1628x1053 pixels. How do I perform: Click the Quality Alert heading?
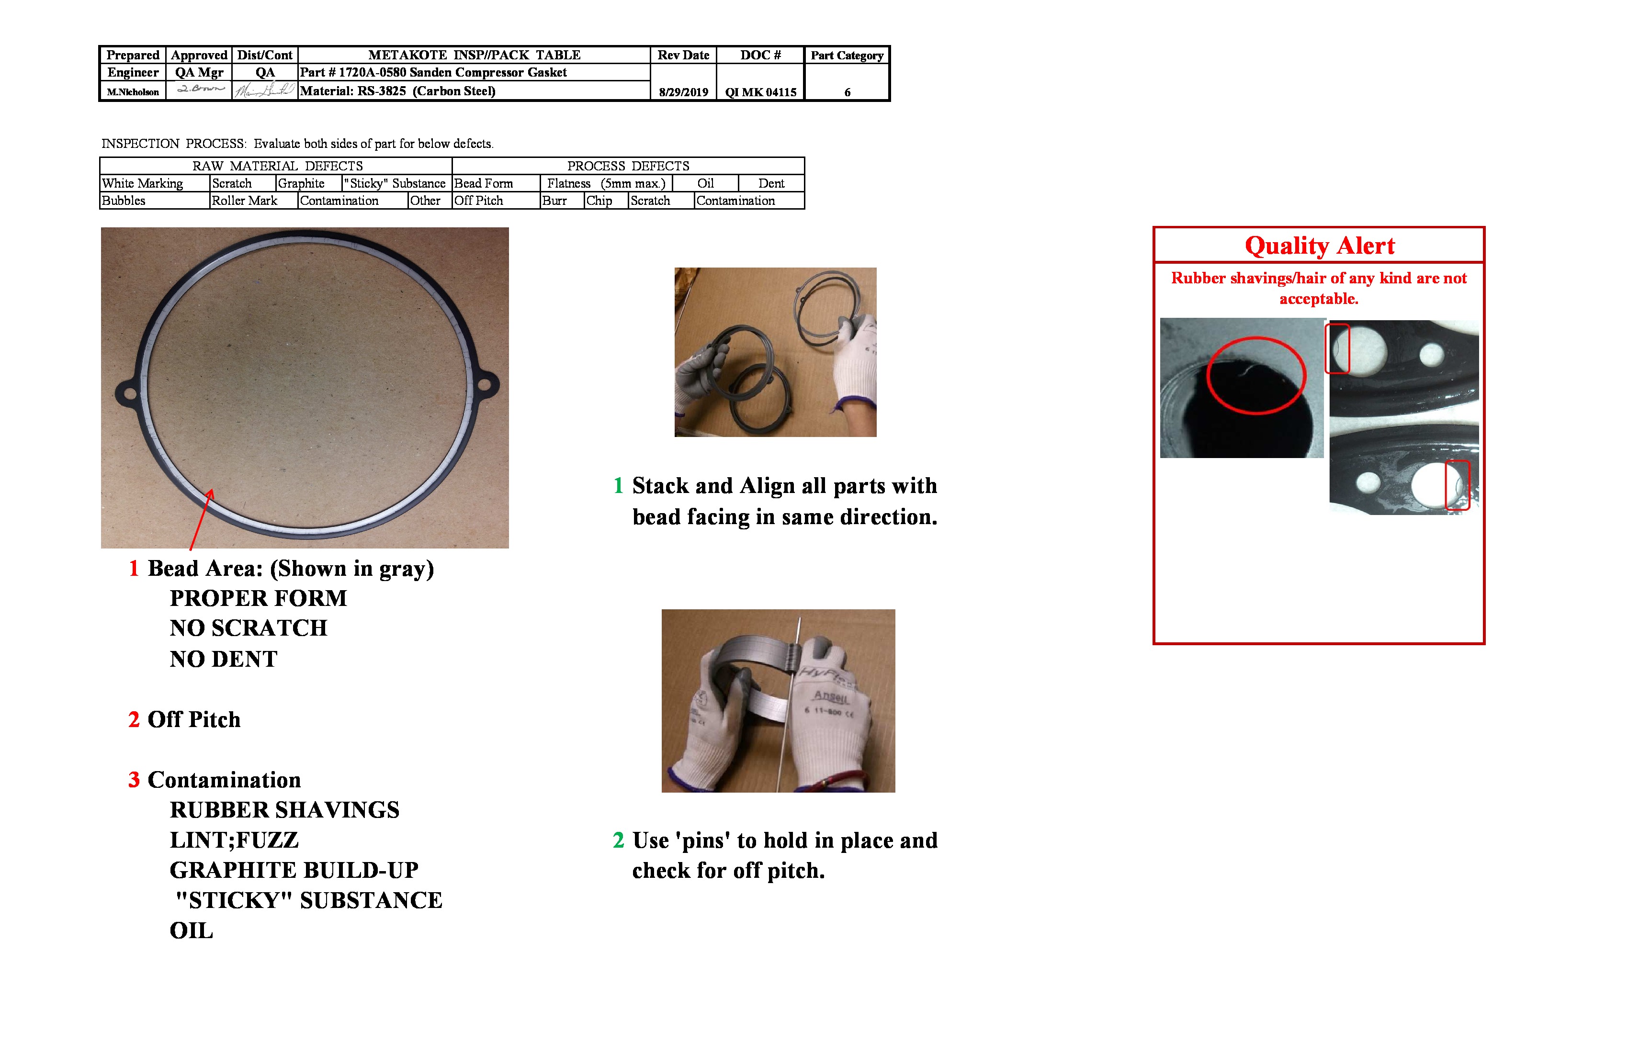[x=1319, y=246]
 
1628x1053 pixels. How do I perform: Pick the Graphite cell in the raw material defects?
[x=301, y=183]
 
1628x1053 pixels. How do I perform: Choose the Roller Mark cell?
[x=244, y=201]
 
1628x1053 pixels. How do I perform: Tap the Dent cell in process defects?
[x=771, y=183]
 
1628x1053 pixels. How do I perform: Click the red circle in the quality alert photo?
[x=1256, y=375]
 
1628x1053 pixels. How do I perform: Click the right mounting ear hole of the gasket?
[x=484, y=384]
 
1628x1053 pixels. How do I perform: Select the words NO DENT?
[x=224, y=659]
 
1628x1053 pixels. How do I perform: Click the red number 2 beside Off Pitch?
[x=134, y=720]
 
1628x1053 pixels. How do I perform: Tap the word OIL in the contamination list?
[x=192, y=930]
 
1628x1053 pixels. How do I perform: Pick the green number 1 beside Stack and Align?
[x=618, y=485]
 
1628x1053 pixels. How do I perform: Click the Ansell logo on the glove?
[x=831, y=696]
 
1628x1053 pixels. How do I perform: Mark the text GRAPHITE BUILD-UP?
[x=294, y=871]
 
